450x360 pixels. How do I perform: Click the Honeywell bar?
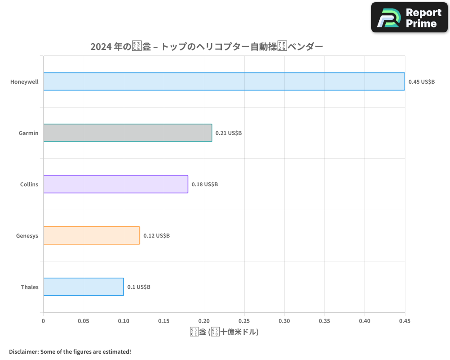224,81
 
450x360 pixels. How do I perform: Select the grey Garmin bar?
127,133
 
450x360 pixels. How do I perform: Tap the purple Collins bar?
116,184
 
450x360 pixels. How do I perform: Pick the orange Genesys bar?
91,235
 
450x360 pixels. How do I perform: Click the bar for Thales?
83,287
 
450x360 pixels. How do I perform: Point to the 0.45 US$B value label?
422,82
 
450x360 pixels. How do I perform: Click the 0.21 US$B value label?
229,133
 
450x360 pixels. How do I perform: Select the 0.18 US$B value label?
205,184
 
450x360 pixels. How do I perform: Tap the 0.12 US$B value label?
157,236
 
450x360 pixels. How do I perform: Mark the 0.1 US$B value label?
139,287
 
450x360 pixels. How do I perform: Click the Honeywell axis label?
24,82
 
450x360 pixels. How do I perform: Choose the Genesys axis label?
27,236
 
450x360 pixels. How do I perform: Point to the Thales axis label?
30,287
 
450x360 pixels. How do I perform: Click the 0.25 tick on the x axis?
244,321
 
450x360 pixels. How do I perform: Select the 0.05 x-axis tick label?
84,321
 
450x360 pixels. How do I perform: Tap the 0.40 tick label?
364,321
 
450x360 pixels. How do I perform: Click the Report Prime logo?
409,18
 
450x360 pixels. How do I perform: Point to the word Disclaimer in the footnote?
23,351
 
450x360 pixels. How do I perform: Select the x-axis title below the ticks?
224,332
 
